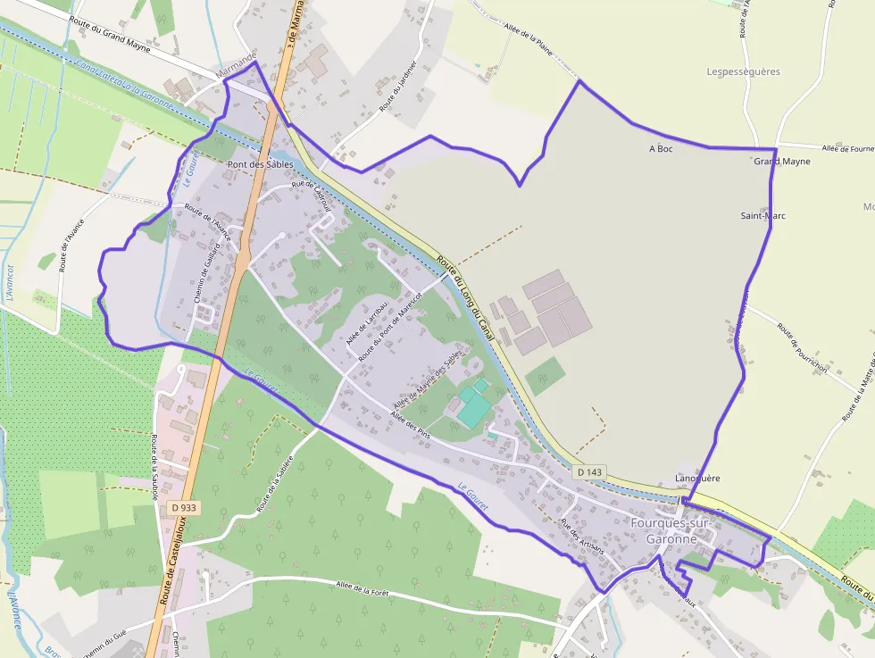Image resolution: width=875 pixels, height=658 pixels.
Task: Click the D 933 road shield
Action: pyautogui.click(x=183, y=507)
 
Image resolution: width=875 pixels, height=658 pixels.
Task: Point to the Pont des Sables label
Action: pyautogui.click(x=260, y=164)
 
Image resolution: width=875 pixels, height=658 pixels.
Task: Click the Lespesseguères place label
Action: pyautogui.click(x=743, y=71)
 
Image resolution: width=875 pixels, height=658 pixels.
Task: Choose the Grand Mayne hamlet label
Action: pyautogui.click(x=782, y=162)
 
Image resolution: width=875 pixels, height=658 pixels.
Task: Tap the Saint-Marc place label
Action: pyautogui.click(x=763, y=216)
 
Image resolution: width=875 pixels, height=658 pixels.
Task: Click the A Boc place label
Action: pyautogui.click(x=661, y=148)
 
